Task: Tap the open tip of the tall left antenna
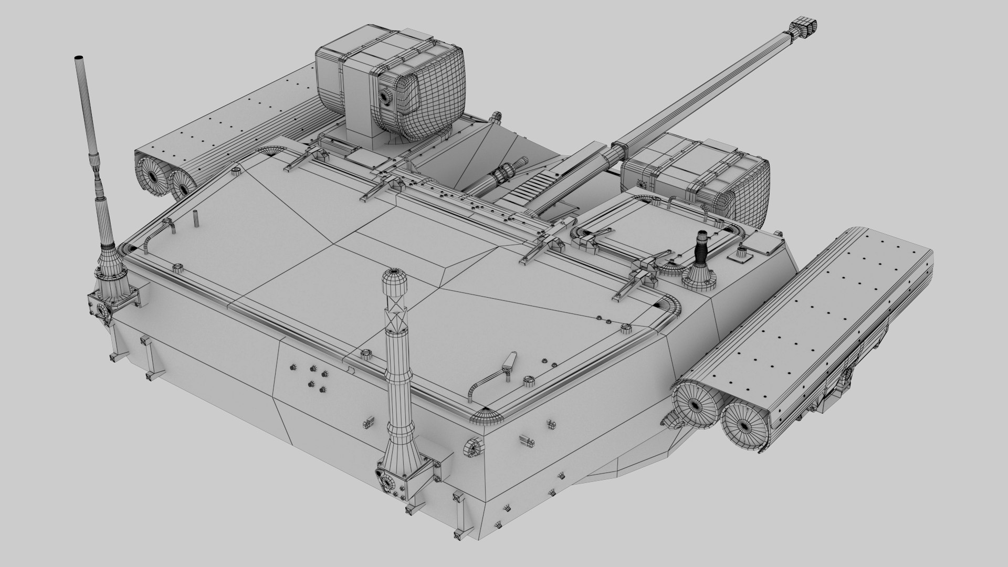point(79,57)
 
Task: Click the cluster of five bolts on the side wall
point(313,376)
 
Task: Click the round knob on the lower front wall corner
point(471,448)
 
